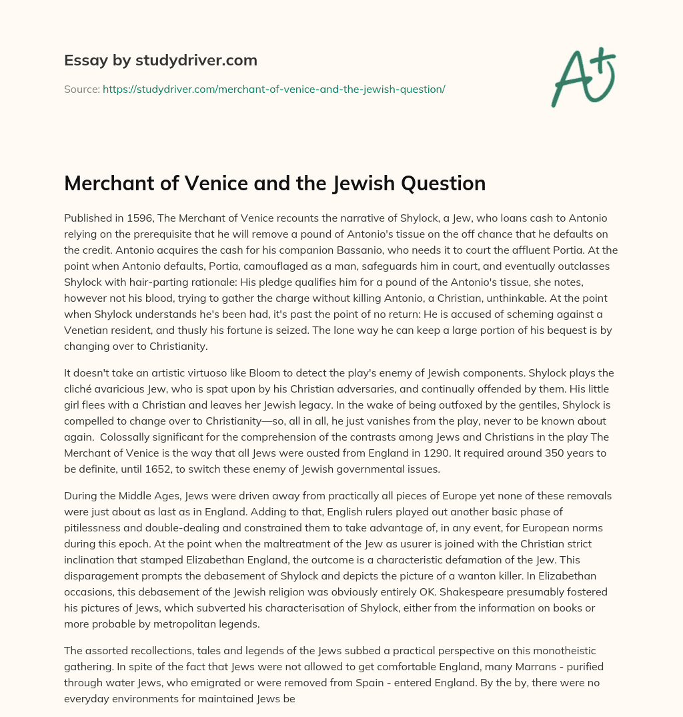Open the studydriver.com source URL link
(273, 88)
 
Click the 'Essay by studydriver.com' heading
(160, 60)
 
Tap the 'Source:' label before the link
(81, 88)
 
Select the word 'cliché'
(81, 389)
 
